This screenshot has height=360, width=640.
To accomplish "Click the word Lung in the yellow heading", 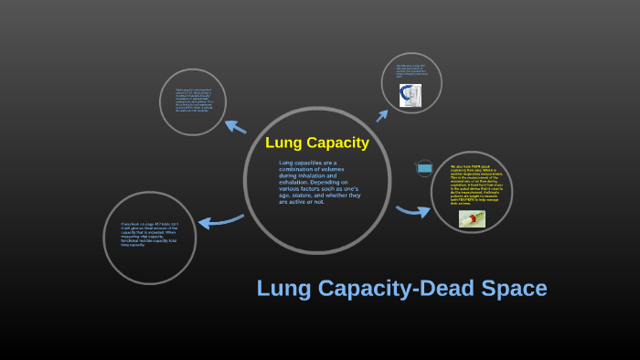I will coord(282,143).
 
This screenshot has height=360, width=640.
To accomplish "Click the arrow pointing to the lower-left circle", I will coord(220,220).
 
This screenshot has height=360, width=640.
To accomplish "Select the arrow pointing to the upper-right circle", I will coord(381,113).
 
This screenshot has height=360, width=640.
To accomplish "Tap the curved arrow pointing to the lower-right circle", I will coord(412,212).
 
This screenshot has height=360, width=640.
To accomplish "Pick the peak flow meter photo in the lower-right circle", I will coord(472,218).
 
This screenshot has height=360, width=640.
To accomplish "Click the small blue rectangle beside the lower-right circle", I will coord(424,168).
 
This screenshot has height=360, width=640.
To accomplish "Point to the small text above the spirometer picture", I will coord(411,71).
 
